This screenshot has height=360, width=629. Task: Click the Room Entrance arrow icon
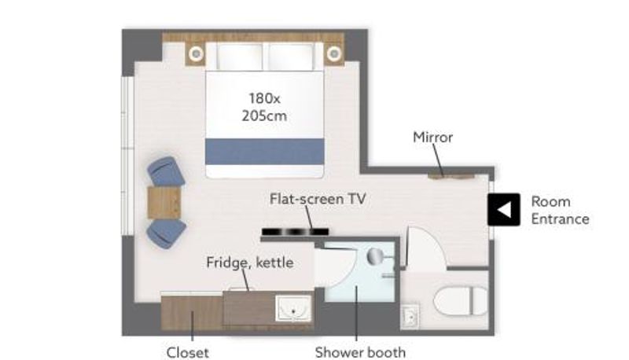click(x=504, y=210)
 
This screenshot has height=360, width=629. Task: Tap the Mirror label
click(x=433, y=138)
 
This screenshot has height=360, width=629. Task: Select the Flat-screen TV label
click(x=318, y=199)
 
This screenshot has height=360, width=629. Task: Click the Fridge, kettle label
click(x=250, y=263)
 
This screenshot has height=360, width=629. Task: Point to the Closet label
click(x=187, y=353)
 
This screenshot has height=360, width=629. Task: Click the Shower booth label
click(x=360, y=352)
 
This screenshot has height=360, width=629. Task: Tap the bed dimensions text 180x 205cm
click(x=264, y=107)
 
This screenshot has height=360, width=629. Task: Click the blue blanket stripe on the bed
click(x=265, y=152)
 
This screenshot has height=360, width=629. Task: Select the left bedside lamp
click(x=196, y=53)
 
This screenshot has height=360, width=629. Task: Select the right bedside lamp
click(x=333, y=53)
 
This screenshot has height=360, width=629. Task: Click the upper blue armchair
click(x=166, y=171)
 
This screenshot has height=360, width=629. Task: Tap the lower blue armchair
click(x=166, y=233)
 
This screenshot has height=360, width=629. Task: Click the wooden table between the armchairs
click(x=164, y=203)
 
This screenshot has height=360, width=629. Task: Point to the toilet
click(x=461, y=301)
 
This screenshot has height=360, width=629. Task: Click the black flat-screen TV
click(x=296, y=232)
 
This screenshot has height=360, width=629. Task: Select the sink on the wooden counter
click(x=293, y=309)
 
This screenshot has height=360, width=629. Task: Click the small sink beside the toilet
click(x=410, y=317)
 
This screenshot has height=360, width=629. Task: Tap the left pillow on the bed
click(x=240, y=57)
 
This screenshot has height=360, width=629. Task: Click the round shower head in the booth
click(x=375, y=255)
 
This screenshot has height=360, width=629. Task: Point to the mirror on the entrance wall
click(x=451, y=176)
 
